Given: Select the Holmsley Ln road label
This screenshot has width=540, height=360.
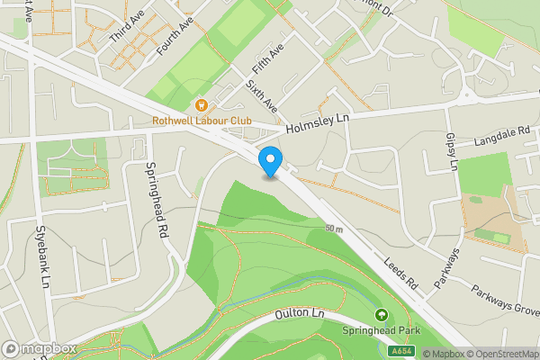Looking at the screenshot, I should (x=316, y=123).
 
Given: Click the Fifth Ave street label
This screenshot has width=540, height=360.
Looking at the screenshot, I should (x=267, y=58).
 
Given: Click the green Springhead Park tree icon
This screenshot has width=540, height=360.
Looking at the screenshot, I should (x=382, y=315).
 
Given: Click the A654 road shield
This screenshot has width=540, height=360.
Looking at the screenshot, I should (x=401, y=354).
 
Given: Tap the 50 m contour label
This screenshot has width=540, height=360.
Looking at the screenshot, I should (x=335, y=229).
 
